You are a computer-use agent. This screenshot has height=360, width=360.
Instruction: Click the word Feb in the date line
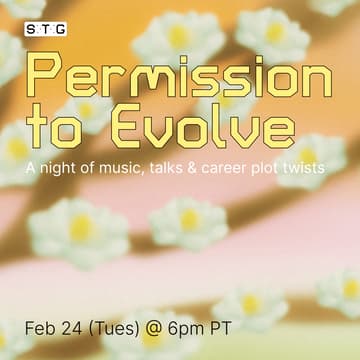(41, 328)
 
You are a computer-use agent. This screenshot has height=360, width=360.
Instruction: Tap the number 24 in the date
(74, 328)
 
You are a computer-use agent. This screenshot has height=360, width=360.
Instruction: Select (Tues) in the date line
(116, 328)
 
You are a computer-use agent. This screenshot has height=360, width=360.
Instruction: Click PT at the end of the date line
(225, 328)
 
